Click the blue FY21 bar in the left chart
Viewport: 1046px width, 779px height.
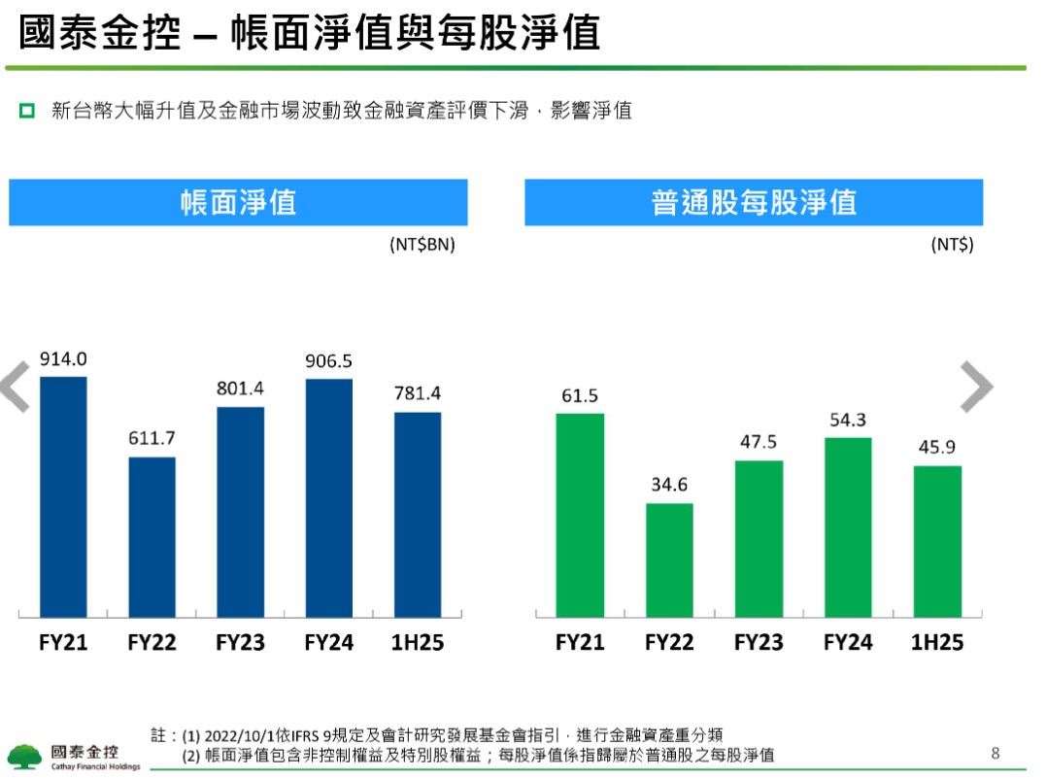pos(63,496)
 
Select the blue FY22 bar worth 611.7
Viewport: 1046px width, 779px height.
pos(152,537)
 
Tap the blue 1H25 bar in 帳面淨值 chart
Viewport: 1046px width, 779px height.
pos(418,515)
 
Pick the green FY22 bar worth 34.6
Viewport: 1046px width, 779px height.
pos(669,559)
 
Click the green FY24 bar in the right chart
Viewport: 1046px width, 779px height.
pos(848,526)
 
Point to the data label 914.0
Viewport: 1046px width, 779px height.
pos(63,359)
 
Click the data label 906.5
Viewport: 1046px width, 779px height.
pos(328,361)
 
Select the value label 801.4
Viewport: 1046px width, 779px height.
pos(240,389)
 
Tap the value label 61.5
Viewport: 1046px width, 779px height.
pos(580,396)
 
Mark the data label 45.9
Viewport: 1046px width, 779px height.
pos(937,449)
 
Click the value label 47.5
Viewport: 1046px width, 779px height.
pos(759,442)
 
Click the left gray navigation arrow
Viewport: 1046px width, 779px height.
pos(16,387)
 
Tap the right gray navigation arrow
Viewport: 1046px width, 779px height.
pos(976,387)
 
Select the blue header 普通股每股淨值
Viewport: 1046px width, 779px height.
pos(754,202)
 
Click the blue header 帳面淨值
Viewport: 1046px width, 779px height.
pos(238,202)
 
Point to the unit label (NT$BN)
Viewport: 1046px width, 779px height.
pos(422,245)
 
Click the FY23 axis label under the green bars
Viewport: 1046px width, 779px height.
pos(759,643)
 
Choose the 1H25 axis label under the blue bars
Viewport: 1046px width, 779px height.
pos(418,643)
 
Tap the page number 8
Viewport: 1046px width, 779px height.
pos(995,753)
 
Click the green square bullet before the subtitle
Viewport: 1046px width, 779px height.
pos(27,111)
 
